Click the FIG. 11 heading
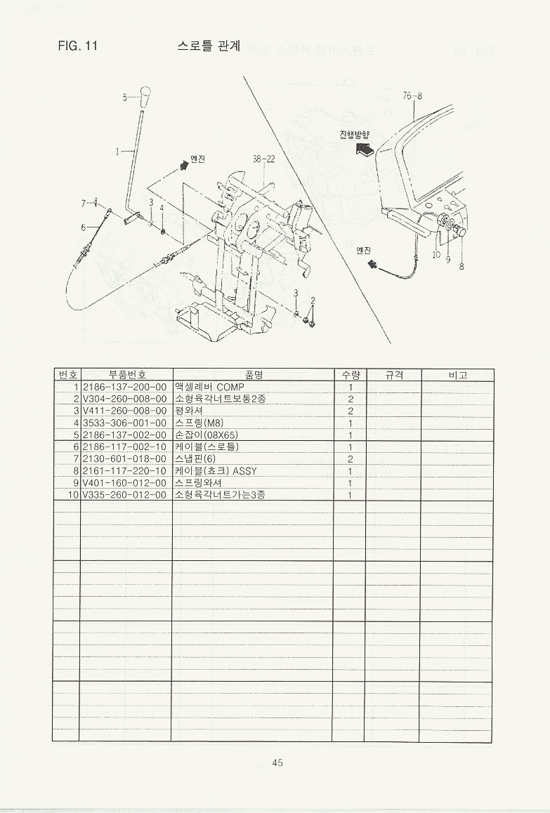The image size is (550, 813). [77, 47]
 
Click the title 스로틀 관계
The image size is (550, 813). [209, 47]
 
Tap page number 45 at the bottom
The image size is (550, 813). [277, 763]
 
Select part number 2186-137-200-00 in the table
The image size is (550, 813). [125, 387]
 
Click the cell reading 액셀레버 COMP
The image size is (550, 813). [209, 387]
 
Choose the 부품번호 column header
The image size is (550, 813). [126, 375]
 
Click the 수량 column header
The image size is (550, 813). [349, 375]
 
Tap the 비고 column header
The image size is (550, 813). [457, 375]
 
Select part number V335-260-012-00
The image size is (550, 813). [125, 495]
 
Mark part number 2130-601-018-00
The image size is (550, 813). [125, 459]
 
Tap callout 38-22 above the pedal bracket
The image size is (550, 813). [263, 159]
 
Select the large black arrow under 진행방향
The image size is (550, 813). [366, 148]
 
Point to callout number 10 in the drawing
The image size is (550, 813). [436, 255]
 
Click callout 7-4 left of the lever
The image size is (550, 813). [89, 204]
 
